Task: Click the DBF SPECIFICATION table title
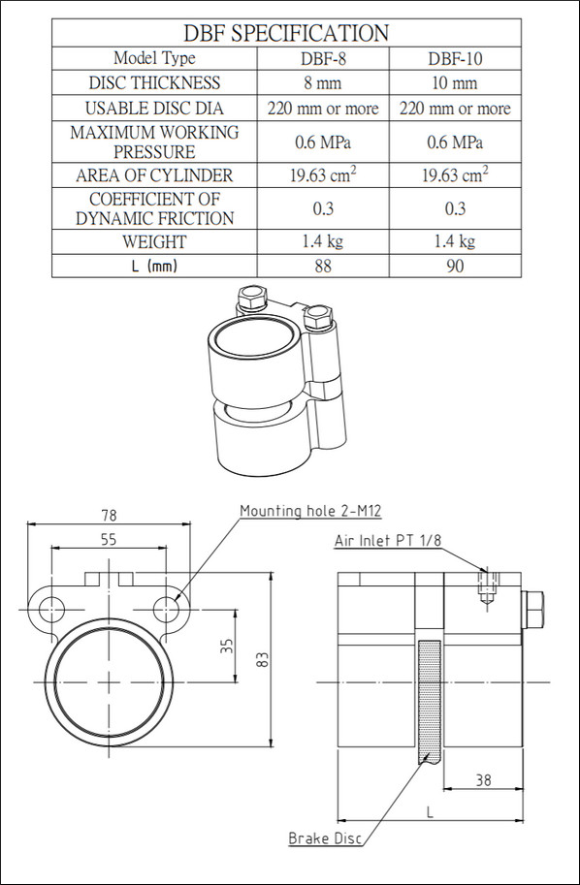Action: tap(286, 33)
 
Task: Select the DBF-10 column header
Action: tap(455, 59)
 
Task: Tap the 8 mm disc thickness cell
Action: tap(322, 83)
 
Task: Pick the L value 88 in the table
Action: tap(323, 266)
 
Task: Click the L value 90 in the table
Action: tap(455, 266)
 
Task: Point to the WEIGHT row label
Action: tap(154, 242)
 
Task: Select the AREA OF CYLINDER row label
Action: tap(154, 175)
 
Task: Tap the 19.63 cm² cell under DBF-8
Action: tap(323, 174)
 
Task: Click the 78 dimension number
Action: tap(109, 516)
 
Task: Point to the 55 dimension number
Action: tap(109, 540)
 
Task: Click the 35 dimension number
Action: tap(226, 647)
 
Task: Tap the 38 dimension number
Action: tap(483, 780)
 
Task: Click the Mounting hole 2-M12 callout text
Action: tap(310, 512)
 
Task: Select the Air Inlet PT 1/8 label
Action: tap(388, 540)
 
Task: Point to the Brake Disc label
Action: tap(325, 838)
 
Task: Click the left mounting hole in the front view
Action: tap(52, 610)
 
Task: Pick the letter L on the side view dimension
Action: tap(430, 813)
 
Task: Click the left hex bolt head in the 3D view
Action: tap(252, 298)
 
